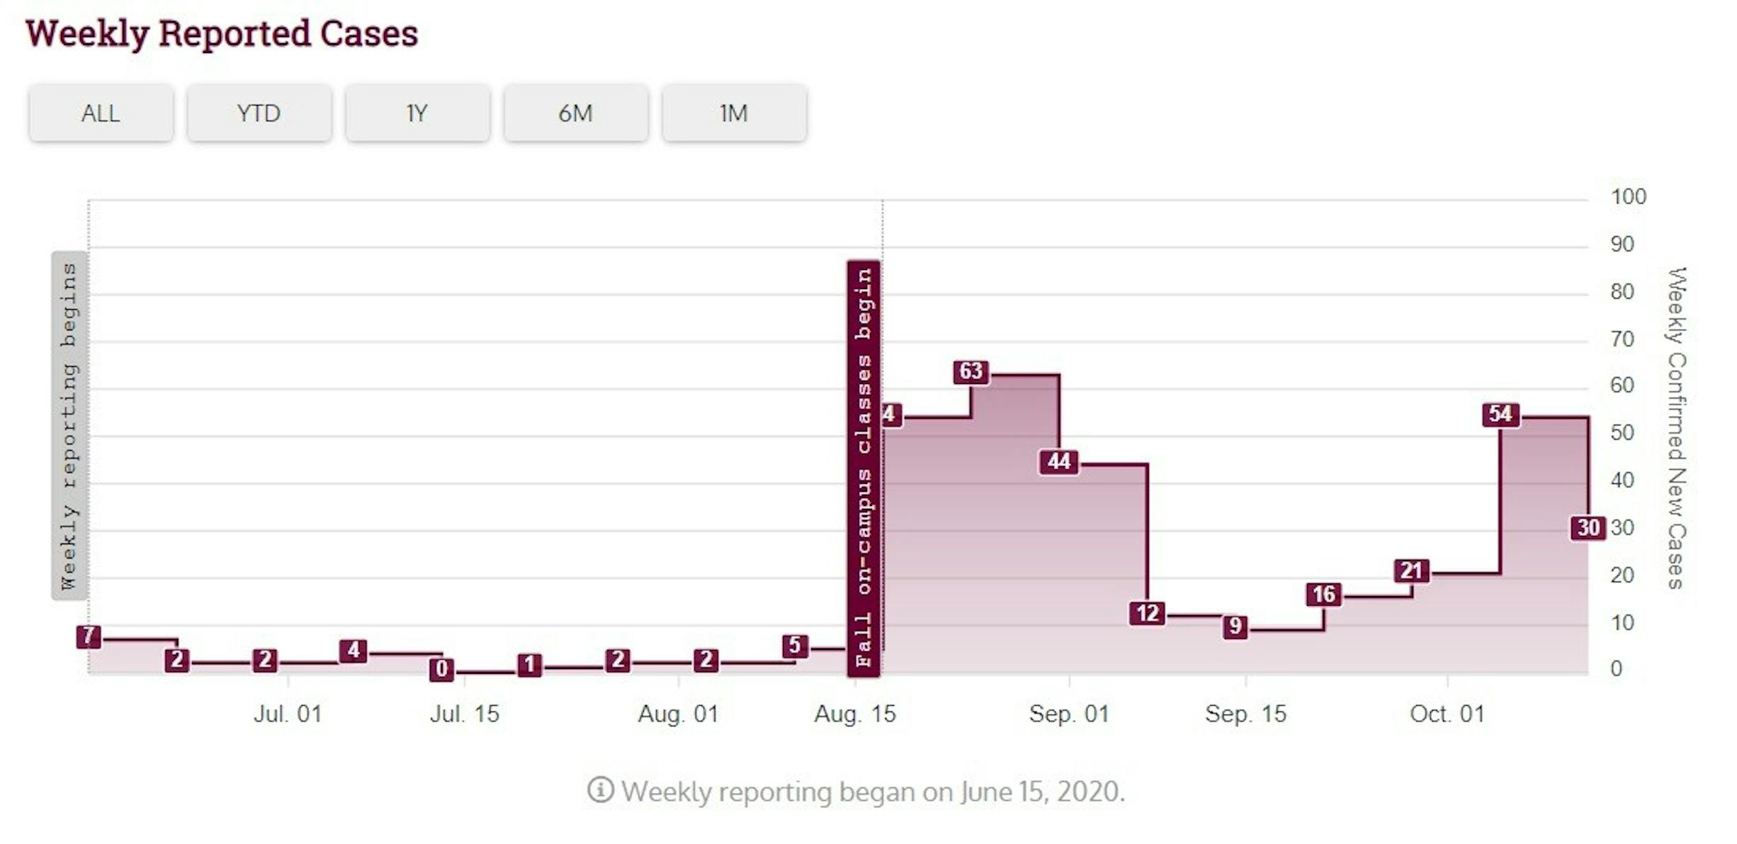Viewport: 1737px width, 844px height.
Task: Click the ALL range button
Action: pos(101,113)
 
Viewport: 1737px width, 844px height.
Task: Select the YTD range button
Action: pos(259,113)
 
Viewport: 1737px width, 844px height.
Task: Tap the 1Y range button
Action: pos(417,113)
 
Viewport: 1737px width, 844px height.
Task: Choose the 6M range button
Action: pos(575,113)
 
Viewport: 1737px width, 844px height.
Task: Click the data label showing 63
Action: pos(971,371)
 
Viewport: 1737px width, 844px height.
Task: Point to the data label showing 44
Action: pos(1059,462)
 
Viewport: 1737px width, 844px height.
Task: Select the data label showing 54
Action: pos(1500,414)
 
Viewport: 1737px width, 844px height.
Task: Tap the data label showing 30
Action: pos(1588,528)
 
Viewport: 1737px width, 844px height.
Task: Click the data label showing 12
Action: pos(1147,613)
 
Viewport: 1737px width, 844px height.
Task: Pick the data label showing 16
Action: pos(1323,594)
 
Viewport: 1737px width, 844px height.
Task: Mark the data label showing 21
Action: pos(1411,570)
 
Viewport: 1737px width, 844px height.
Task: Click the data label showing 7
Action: pos(89,636)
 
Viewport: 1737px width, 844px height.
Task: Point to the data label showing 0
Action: pos(441,669)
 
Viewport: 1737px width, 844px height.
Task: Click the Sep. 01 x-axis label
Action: pos(1069,714)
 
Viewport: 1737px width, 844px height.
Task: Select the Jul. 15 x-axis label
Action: pos(465,714)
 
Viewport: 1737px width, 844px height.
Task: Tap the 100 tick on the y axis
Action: pos(1628,197)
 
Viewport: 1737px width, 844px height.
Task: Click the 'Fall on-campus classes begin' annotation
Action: pos(864,468)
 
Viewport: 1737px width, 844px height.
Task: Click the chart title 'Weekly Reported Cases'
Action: pos(222,33)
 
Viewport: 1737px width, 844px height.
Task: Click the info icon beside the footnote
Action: pos(600,789)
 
